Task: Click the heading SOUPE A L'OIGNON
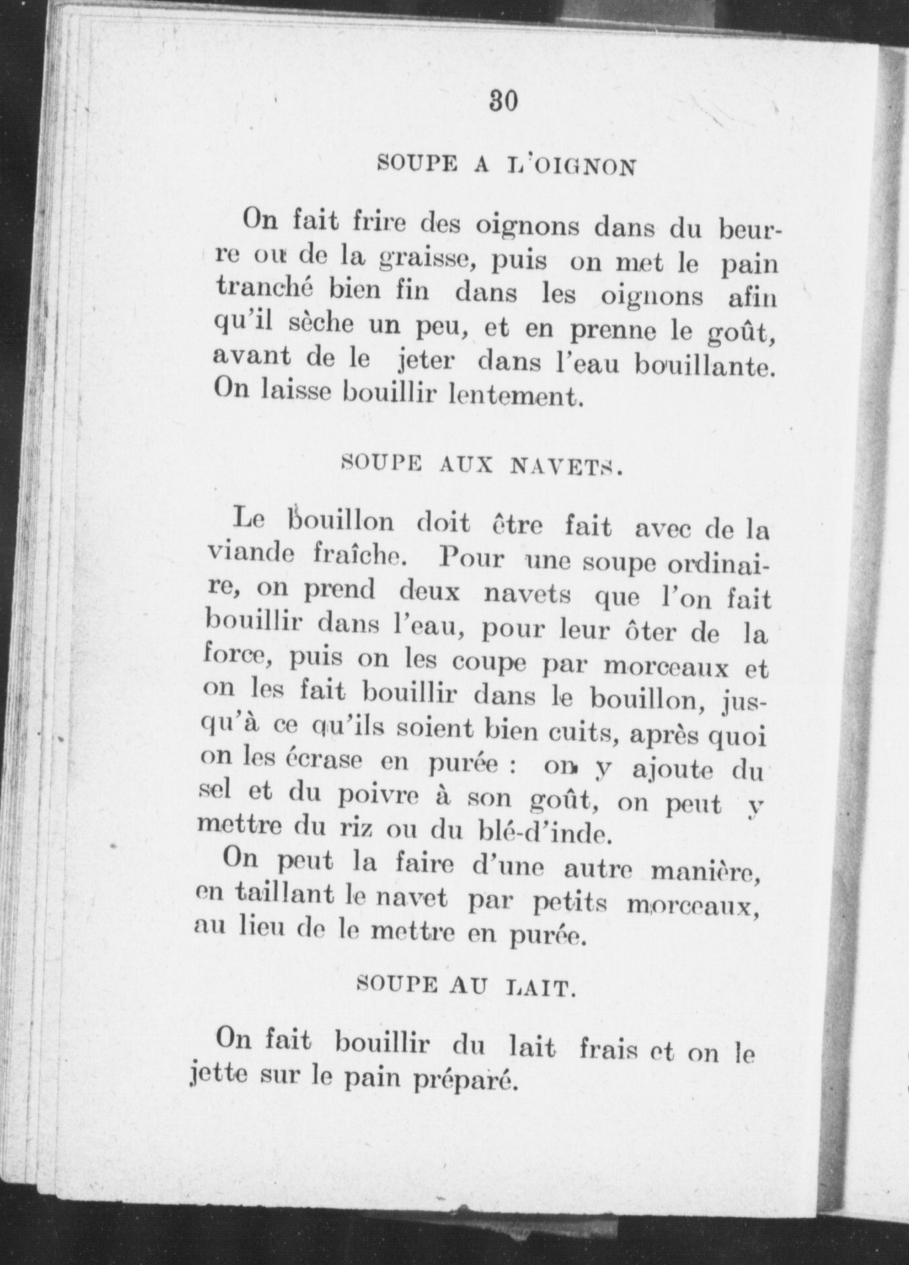(x=506, y=165)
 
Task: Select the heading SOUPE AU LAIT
(x=464, y=987)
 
